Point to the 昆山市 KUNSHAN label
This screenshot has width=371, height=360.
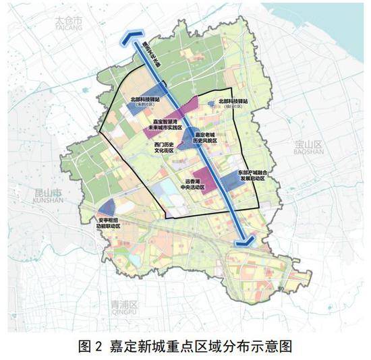pyautogui.click(x=48, y=196)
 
